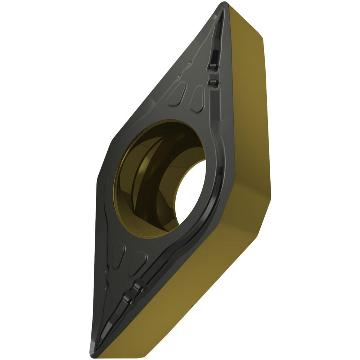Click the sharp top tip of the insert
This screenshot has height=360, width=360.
click(x=224, y=4)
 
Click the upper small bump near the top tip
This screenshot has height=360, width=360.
click(x=213, y=67)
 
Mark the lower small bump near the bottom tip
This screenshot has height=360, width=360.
click(x=126, y=298)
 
